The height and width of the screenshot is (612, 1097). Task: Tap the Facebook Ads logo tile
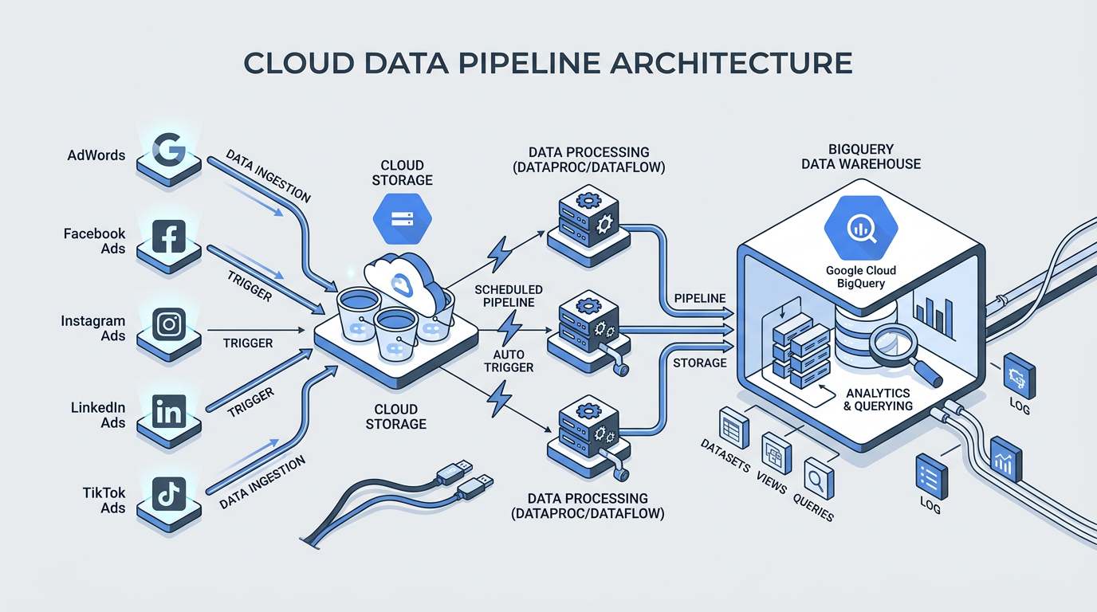(169, 237)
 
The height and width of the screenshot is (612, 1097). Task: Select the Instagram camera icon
(169, 324)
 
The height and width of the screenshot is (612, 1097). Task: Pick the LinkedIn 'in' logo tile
(169, 412)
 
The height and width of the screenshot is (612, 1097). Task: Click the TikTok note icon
(169, 495)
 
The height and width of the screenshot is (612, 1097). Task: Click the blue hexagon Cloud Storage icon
(402, 218)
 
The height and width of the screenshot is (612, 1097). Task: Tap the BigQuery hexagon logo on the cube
(860, 229)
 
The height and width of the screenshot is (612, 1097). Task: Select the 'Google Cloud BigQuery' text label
(860, 277)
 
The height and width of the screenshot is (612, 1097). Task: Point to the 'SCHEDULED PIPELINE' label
(509, 296)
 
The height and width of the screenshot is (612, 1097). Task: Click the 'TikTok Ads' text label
(104, 500)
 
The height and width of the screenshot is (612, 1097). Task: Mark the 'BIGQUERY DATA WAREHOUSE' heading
(862, 156)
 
